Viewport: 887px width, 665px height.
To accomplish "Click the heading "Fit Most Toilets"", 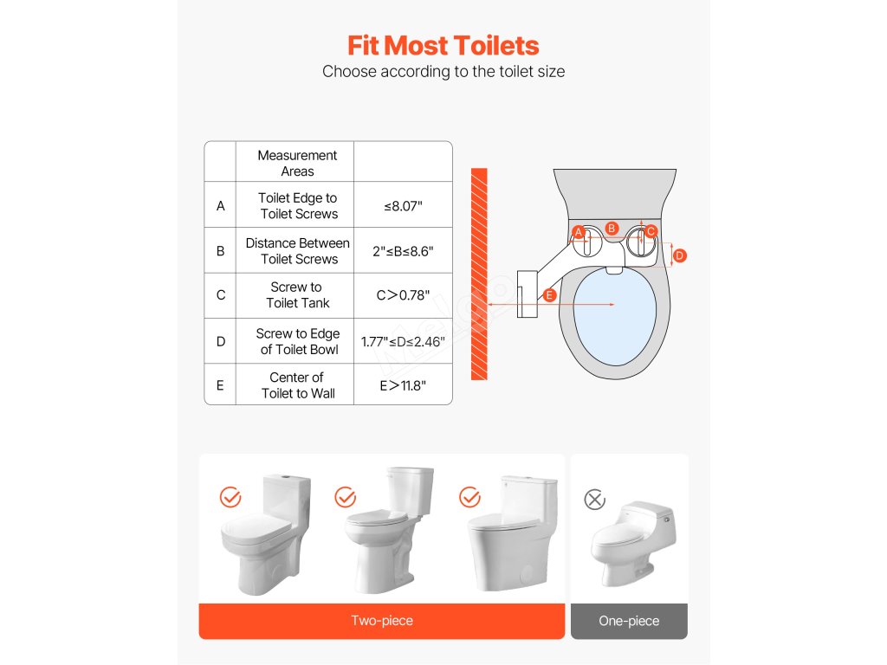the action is (x=443, y=46).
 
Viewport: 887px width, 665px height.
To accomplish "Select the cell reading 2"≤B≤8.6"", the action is (x=403, y=251).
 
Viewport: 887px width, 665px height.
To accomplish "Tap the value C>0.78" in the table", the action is (x=403, y=295).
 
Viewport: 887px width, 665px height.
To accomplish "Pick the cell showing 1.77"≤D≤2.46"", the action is (x=403, y=341).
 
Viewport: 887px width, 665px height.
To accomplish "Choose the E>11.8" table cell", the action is (x=403, y=385).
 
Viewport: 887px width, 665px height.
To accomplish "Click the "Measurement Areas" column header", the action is (x=297, y=163).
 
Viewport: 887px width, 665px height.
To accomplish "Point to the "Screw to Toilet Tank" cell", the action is (x=297, y=295).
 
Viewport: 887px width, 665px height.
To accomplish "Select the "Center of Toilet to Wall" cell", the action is (x=298, y=385).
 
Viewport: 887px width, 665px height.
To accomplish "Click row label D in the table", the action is (x=221, y=341).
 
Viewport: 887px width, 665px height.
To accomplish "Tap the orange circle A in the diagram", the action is (x=578, y=232).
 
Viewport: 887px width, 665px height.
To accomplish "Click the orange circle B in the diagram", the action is (x=612, y=229).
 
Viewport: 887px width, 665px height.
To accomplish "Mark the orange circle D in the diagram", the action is (x=679, y=255).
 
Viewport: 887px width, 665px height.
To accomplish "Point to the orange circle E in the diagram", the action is (x=548, y=295).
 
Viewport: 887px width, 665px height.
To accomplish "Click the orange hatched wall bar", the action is (x=479, y=274).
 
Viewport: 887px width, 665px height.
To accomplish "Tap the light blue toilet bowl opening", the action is (x=615, y=317).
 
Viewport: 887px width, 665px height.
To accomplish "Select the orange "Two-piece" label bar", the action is (x=382, y=621).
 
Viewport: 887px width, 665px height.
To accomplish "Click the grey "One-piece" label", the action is (x=629, y=621).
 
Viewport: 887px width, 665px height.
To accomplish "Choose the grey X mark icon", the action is (x=594, y=500).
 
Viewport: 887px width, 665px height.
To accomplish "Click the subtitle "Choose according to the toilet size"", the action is (x=443, y=72).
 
